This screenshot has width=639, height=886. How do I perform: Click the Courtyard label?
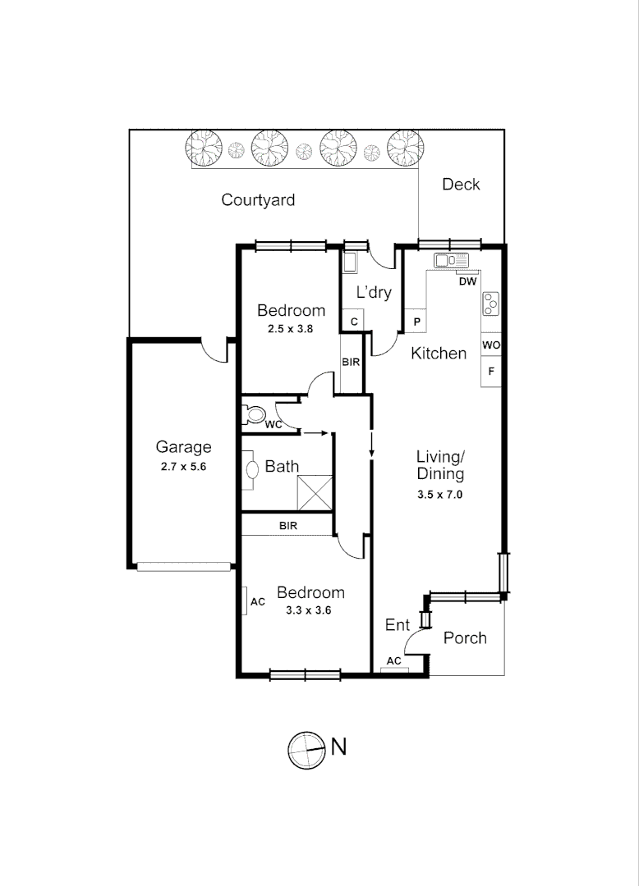258,200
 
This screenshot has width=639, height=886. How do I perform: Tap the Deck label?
461,185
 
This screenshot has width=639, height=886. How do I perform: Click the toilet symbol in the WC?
255,413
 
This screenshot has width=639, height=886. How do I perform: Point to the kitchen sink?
451,261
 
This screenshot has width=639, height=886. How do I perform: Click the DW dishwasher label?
467,282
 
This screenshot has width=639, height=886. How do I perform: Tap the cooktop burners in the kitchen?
491,304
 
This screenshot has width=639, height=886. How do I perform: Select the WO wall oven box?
491,345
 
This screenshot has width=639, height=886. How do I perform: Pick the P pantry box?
416,321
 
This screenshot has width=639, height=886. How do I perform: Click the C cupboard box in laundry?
353,322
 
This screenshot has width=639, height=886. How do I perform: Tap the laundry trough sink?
350,263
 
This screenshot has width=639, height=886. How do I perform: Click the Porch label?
465,638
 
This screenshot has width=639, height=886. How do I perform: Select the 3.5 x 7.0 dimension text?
440,494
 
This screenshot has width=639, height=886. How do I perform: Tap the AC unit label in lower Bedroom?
258,601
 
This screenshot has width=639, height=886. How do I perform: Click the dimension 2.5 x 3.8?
292,328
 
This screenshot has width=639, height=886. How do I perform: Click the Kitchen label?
439,354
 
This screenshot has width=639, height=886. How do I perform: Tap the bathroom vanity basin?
251,469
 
